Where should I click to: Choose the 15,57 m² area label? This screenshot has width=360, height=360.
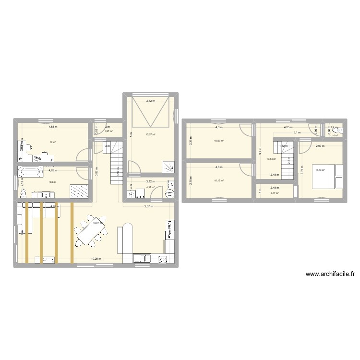[x=150, y=134]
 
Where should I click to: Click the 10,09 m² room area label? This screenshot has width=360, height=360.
[x=219, y=141]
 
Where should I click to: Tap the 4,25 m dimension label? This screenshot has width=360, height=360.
[x=288, y=127]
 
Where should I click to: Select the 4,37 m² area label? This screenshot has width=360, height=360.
[x=150, y=187]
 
